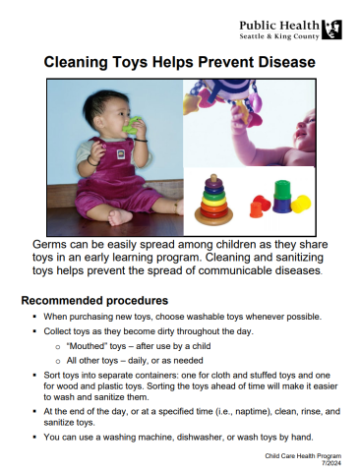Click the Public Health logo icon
click(x=332, y=28)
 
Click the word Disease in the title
click(x=279, y=62)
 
